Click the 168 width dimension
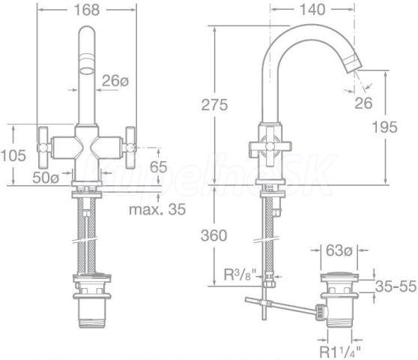pos(87,10)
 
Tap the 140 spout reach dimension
pos(312,10)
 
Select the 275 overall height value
pos(214,104)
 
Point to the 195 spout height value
pos(384,127)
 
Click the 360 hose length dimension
pos(214,235)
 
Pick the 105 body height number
pos(13,155)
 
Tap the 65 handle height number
pos(158,167)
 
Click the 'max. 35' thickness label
pos(157,209)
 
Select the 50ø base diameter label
pos(46,178)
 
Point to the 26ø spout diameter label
pos(115,80)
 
